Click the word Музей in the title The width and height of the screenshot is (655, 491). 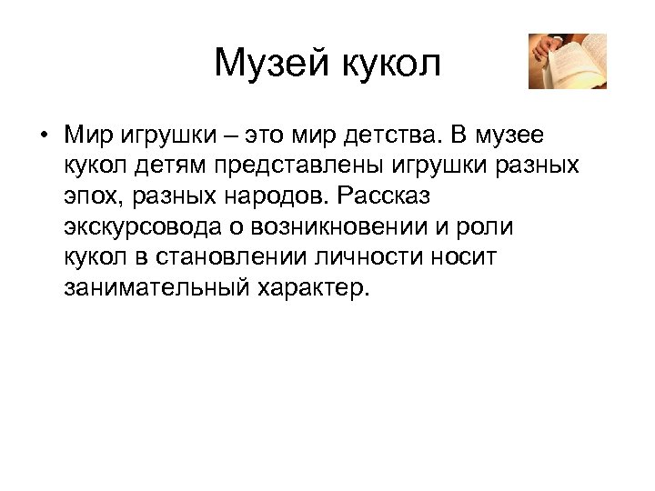274,64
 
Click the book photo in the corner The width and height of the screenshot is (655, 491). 568,61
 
